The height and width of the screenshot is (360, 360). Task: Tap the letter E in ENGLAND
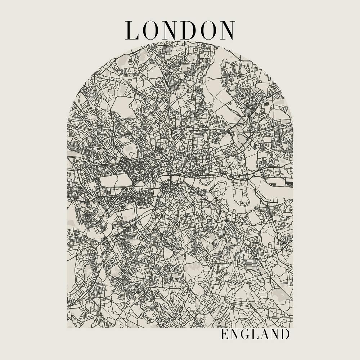(224, 334)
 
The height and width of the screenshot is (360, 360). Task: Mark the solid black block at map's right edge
(290, 184)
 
